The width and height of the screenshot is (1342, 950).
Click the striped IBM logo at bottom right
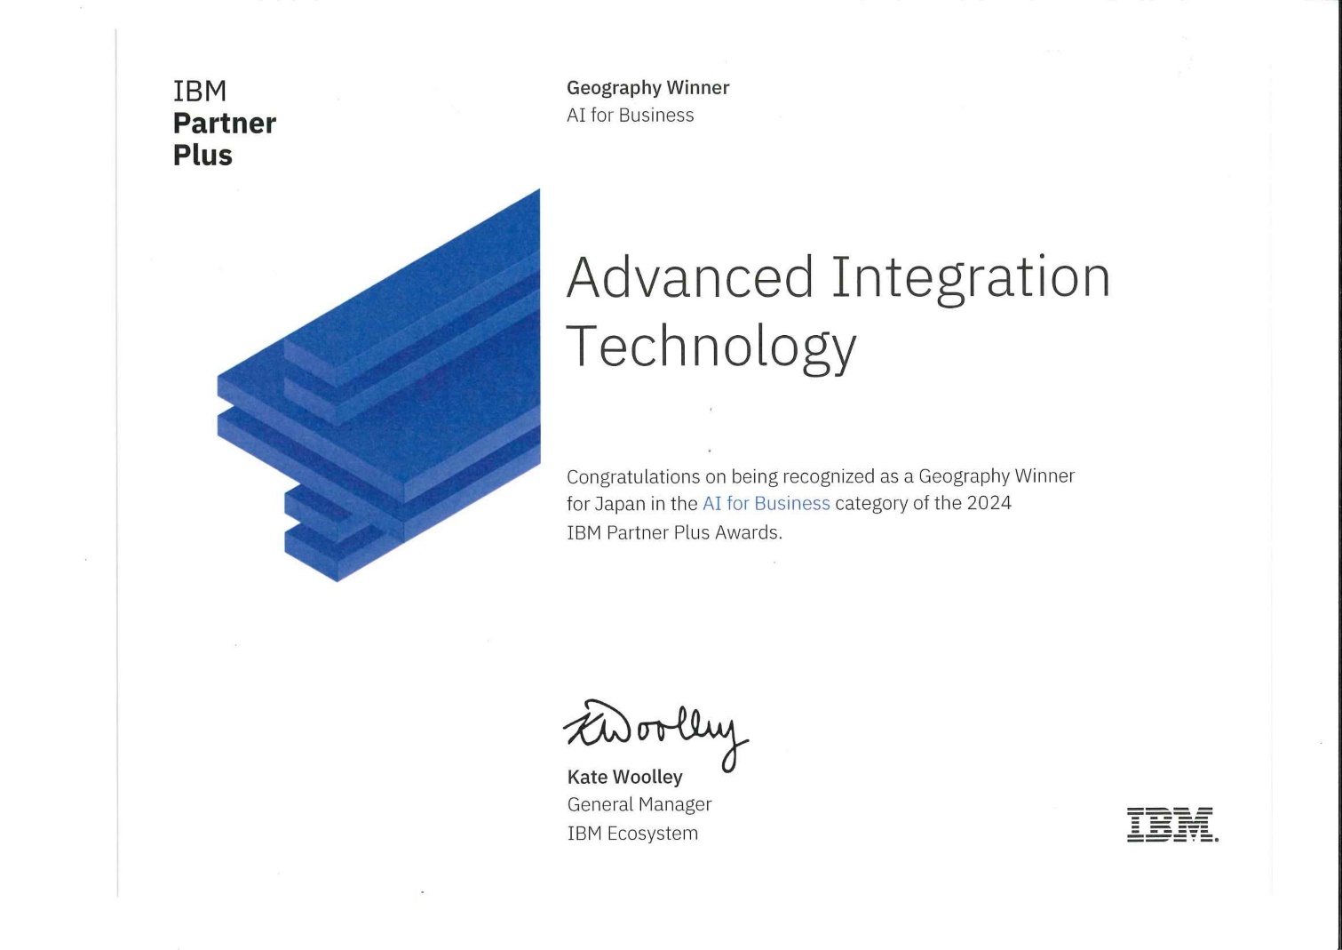1171,824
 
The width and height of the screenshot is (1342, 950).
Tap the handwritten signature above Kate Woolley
655,734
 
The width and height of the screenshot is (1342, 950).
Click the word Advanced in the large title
689,277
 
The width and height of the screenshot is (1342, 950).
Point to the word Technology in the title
711,347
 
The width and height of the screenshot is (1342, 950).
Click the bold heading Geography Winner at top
647,88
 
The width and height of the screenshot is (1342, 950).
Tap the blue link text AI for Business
766,504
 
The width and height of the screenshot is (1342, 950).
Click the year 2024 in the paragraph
989,503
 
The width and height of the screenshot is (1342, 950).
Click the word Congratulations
633,477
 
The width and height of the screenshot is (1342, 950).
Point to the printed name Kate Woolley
625,778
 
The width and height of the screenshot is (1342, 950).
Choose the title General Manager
639,805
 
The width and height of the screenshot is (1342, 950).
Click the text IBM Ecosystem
632,834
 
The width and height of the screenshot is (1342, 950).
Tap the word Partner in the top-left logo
225,124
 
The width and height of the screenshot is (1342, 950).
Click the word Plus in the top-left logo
202,156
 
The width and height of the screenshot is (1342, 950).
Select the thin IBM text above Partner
200,92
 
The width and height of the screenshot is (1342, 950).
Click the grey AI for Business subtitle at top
631,115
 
